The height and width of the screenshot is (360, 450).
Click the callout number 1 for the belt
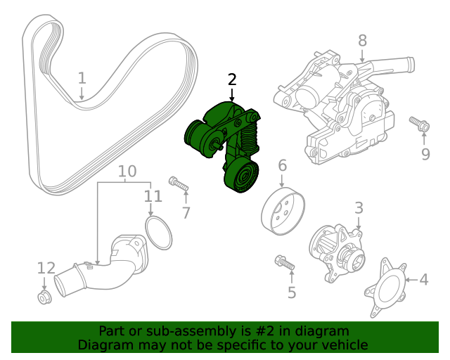pos(82,77)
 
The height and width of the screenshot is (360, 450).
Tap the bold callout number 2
pos(233,79)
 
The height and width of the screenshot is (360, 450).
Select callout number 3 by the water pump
pos(358,207)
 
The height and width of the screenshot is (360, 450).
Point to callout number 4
pos(423,280)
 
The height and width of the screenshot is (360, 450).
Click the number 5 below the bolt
pos(291,292)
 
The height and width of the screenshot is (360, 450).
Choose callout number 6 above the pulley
pos(282,166)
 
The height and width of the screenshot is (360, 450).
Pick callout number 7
pos(186,212)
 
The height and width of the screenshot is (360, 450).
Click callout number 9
pos(425,154)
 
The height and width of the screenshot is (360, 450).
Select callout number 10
pos(127,171)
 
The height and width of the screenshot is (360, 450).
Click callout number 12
pos(46,268)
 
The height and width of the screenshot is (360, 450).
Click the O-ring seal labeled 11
pos(159,233)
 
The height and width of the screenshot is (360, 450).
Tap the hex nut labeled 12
pos(44,297)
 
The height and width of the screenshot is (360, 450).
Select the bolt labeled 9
pos(420,125)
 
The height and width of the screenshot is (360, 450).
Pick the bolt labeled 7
pos(178,184)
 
